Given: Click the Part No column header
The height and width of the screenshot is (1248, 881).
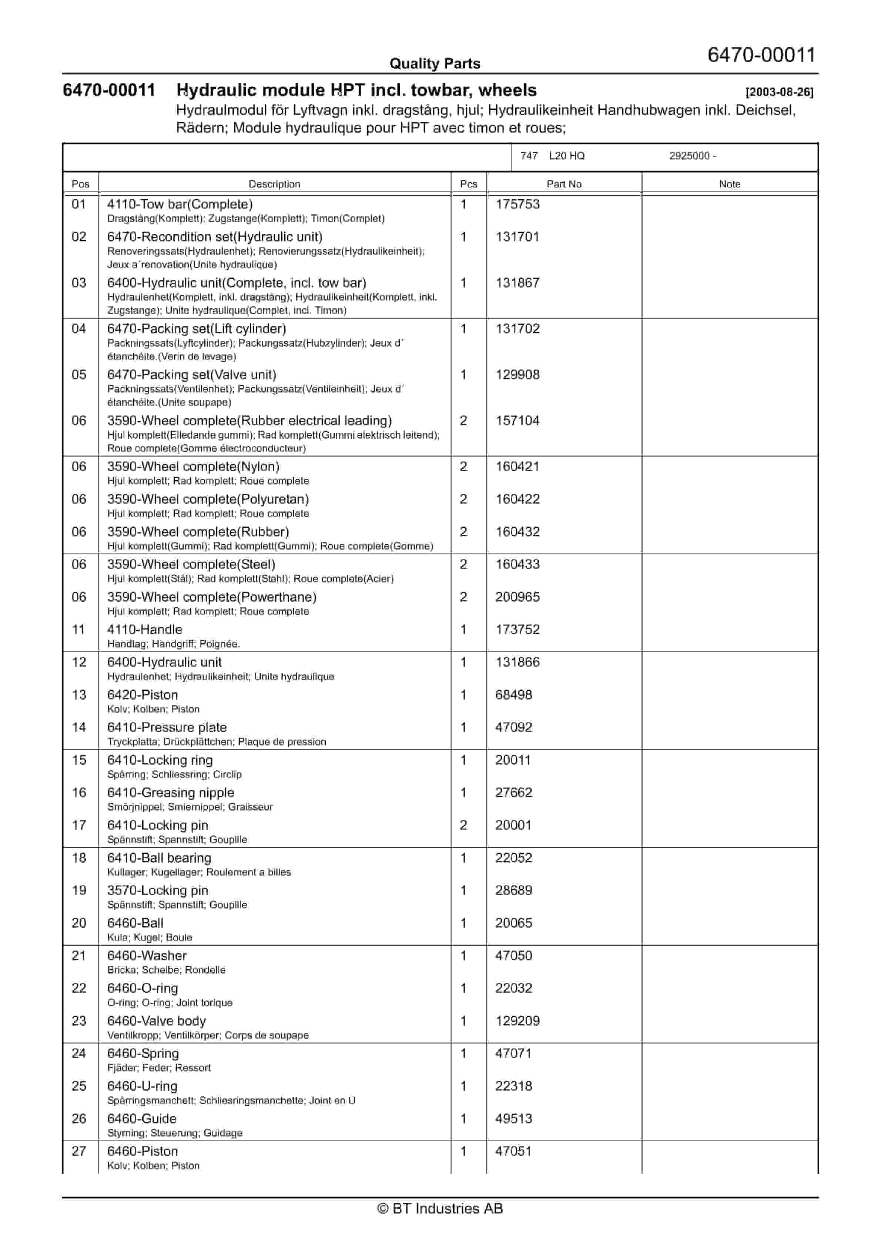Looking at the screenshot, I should pos(563,184).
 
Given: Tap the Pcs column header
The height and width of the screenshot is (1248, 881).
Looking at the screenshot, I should pos(468,184).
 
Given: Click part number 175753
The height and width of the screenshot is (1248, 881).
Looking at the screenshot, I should pos(517,205).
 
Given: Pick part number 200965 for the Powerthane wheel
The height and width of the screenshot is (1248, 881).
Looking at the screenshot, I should pos(517,597).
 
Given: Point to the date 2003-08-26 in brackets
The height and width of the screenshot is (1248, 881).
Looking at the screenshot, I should pos(780,92).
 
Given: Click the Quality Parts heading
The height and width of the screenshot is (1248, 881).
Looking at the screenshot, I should pos(435,64).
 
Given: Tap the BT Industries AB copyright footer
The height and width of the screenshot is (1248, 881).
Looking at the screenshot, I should pos(440,1208).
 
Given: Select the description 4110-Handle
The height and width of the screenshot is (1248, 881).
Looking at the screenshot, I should pos(144,630).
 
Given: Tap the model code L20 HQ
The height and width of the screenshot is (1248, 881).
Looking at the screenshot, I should pos(566,156).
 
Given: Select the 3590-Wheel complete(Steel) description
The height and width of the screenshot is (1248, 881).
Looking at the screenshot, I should pos(191,564).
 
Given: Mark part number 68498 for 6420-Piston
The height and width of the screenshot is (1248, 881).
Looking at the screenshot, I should pos(513,695).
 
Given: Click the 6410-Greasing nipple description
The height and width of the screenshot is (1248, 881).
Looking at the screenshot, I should pos(171,793).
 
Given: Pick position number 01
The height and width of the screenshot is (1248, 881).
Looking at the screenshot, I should pos(79,205).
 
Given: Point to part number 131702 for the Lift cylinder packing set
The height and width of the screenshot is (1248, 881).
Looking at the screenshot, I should pos(517,329).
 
